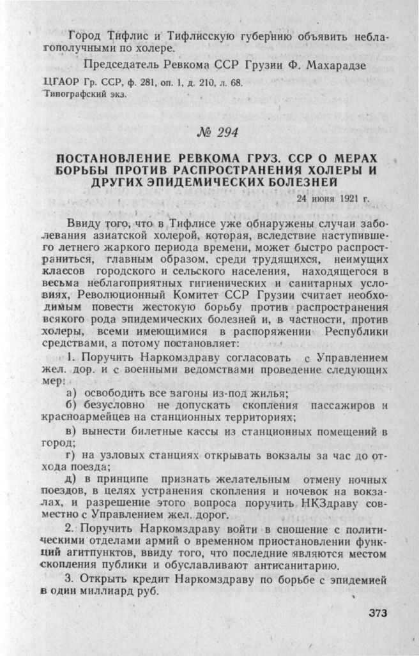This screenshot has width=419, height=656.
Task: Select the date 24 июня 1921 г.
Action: click(x=333, y=198)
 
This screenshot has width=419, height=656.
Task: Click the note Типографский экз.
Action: click(x=84, y=94)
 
